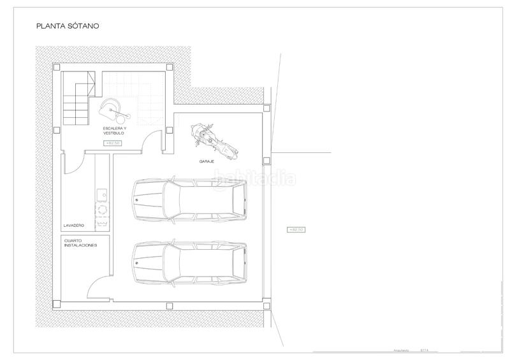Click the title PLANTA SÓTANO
tap(68, 27)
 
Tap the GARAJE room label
tap(206, 162)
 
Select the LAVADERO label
tap(74, 226)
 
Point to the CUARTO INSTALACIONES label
tap(80, 243)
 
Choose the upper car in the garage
tap(189, 200)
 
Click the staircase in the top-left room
tap(78, 99)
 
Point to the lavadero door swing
tap(72, 164)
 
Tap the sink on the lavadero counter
tap(101, 192)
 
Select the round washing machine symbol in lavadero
tap(101, 208)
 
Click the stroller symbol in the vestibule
tap(113, 110)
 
